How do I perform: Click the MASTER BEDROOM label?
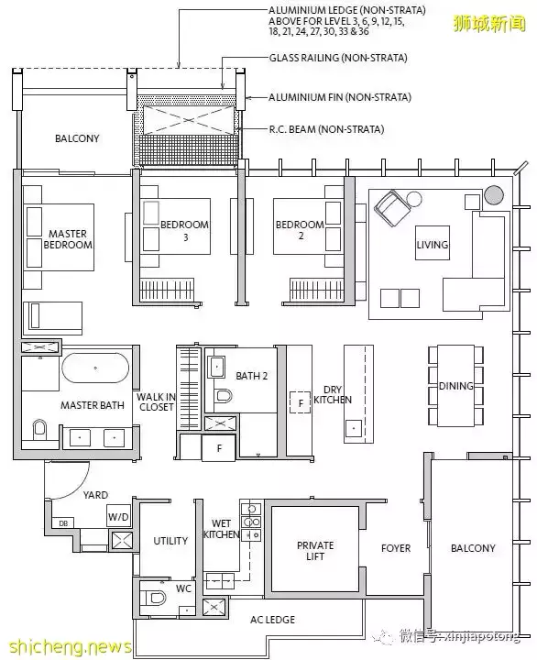(68, 239)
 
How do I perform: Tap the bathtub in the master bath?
(95, 368)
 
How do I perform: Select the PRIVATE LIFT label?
(315, 551)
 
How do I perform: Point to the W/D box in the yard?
(118, 516)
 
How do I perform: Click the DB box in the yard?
(63, 523)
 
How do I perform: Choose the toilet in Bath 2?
(223, 396)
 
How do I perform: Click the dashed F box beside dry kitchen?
(301, 402)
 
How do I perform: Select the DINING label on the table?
(455, 386)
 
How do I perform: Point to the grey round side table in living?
(494, 195)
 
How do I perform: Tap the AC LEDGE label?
(272, 619)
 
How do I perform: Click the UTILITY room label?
(170, 541)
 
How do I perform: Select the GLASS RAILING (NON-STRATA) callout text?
(338, 58)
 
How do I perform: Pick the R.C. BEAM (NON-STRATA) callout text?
(326, 129)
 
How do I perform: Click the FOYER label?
(396, 548)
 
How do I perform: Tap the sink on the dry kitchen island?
(354, 428)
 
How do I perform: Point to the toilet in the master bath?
(39, 428)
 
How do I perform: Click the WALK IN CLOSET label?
(156, 402)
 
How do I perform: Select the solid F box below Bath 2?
(219, 448)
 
